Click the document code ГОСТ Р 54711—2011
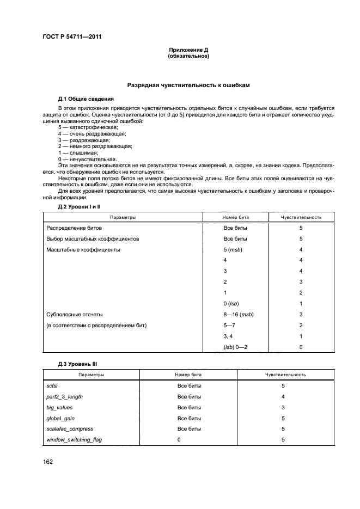[72, 37]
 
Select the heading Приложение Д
[189, 50]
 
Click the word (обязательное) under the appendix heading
[189, 56]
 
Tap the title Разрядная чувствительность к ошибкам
[188, 85]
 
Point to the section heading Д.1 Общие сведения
[86, 99]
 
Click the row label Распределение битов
[74, 228]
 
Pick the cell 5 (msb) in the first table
[233, 249]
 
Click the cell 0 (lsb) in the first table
[232, 303]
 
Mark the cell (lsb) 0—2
[236, 347]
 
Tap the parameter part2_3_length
[64, 396]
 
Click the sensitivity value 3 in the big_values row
[283, 407]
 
